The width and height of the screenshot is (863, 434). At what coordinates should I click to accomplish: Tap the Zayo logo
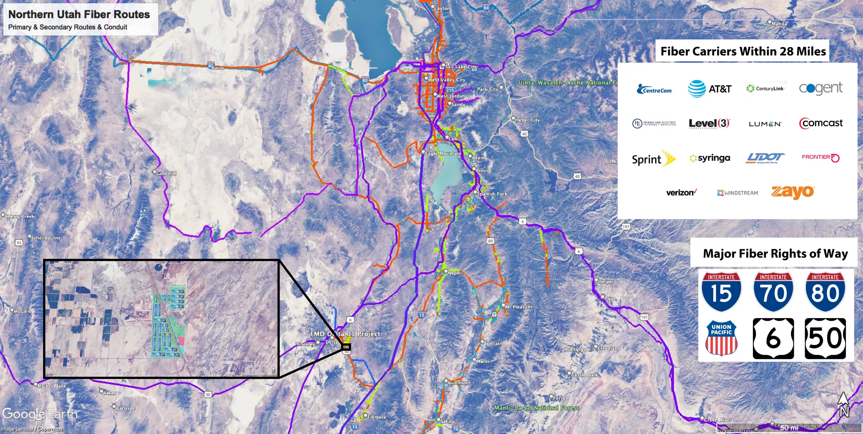[x=792, y=192]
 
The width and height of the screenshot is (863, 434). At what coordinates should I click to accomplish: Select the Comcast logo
[x=821, y=123]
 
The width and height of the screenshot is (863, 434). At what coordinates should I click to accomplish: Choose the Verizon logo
[x=681, y=192]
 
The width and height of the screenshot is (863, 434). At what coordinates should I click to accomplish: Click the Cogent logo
[x=820, y=88]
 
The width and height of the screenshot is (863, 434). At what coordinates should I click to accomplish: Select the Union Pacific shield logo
[x=721, y=338]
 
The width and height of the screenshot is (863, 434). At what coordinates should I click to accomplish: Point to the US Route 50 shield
[x=825, y=338]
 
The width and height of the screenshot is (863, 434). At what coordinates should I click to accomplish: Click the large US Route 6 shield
[x=773, y=338]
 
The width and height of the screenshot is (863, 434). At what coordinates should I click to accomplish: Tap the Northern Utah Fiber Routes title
[x=79, y=14]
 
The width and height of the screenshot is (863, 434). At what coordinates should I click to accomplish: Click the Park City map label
[x=488, y=89]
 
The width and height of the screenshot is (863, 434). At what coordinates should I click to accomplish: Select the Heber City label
[x=527, y=120]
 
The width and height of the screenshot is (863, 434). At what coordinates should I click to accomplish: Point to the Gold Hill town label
[x=166, y=173]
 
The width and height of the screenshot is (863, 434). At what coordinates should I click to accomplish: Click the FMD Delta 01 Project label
[x=345, y=334]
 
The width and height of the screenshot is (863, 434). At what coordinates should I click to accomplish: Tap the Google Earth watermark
[x=40, y=414]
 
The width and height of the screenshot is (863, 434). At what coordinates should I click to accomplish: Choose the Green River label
[x=717, y=420]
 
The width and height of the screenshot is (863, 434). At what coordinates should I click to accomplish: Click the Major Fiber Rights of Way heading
[x=775, y=254]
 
